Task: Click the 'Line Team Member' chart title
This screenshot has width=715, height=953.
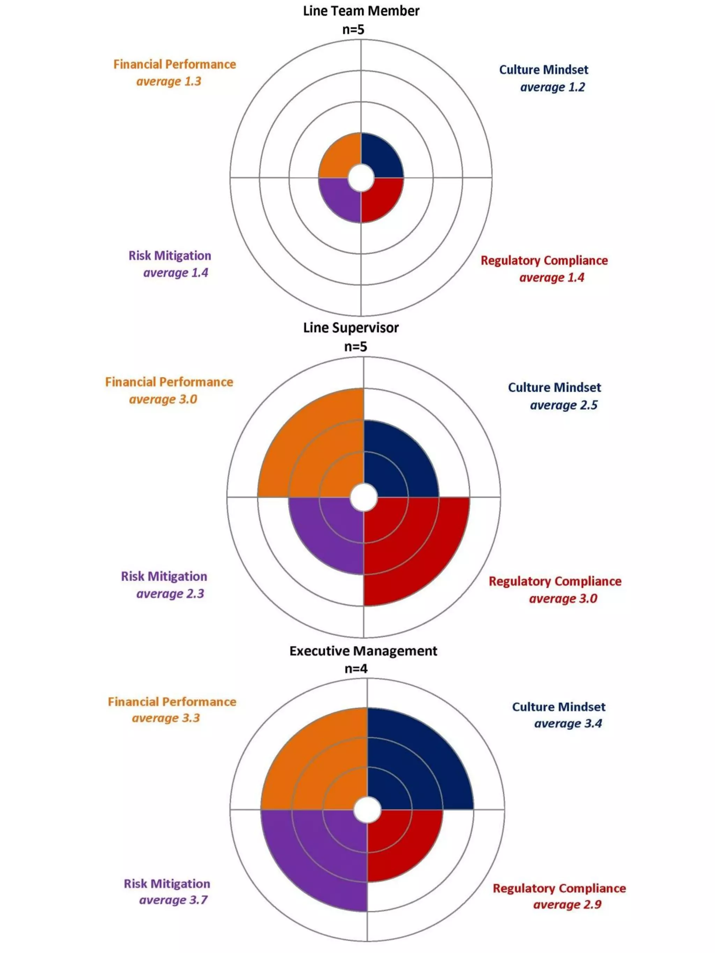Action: (361, 11)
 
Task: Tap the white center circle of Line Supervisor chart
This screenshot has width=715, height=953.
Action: (363, 498)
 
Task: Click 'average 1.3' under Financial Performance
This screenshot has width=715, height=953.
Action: (169, 81)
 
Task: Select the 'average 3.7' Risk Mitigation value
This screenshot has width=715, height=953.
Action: (173, 900)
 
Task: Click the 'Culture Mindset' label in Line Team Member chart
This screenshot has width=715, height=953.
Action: (544, 69)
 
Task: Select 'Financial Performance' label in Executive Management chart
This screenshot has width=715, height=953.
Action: (172, 701)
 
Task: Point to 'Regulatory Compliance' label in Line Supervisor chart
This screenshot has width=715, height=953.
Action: (555, 581)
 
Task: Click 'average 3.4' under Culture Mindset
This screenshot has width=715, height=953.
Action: (568, 723)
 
